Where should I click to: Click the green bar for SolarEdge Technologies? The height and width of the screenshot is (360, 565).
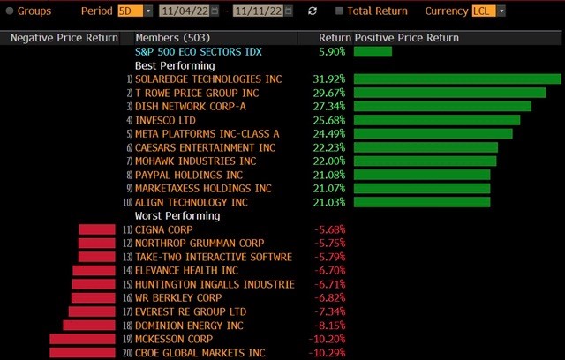(x=457, y=79)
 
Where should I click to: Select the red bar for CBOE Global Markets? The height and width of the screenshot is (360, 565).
(x=82, y=353)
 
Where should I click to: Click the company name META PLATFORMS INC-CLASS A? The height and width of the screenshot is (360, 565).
(x=207, y=134)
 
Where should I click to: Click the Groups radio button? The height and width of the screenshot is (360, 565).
(x=10, y=11)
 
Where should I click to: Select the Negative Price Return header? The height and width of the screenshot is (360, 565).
(x=64, y=39)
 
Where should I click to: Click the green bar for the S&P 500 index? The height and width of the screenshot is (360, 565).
(x=373, y=52)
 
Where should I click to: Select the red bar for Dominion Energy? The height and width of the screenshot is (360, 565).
(x=91, y=326)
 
